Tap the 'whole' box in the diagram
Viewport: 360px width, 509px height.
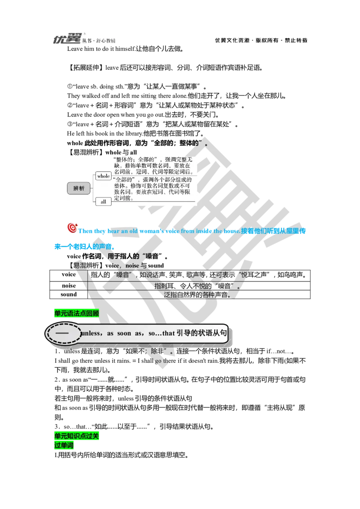pyautogui.click(x=103, y=176)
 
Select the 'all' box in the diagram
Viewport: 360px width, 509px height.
pyautogui.click(x=103, y=201)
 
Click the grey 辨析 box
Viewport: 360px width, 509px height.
pyautogui.click(x=79, y=188)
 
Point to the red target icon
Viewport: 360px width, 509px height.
pyautogui.click(x=72, y=228)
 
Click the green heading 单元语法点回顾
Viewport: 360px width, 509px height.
pyautogui.click(x=76, y=313)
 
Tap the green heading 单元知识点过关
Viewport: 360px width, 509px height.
pyautogui.click(x=77, y=436)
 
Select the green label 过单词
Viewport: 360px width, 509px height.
pyautogui.click(x=64, y=446)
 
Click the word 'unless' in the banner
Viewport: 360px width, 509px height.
pyautogui.click(x=92, y=334)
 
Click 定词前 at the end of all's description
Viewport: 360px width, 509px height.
pyautogui.click(x=124, y=198)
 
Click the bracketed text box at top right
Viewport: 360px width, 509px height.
pyautogui.click(x=261, y=40)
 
